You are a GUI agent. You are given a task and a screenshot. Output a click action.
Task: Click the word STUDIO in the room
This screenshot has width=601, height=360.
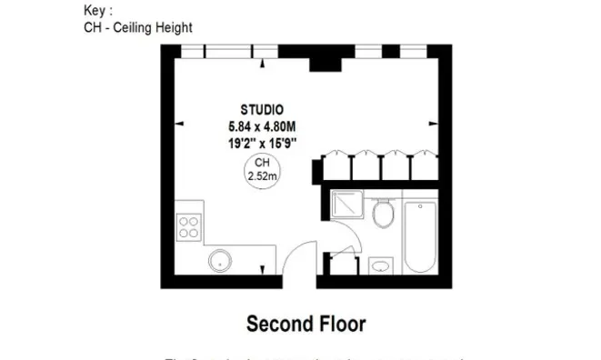262,108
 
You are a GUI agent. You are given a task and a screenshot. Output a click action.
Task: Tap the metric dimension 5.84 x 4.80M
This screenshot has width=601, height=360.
262,125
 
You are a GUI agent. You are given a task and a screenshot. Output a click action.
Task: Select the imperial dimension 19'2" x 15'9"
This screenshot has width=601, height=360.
262,142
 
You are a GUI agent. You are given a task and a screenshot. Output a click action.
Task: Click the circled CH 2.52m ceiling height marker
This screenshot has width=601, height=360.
262,170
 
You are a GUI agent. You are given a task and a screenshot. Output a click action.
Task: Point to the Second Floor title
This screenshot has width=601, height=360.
306,323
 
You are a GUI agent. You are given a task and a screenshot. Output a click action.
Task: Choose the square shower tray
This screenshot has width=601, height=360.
346,208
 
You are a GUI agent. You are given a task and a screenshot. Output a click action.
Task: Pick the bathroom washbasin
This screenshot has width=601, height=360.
380,265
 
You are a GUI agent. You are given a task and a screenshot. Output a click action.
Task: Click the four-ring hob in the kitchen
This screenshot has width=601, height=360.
189,225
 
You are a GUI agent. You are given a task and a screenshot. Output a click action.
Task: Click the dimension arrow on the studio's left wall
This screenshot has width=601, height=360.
180,125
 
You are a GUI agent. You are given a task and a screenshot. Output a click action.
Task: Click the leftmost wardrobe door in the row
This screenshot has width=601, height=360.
336,165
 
